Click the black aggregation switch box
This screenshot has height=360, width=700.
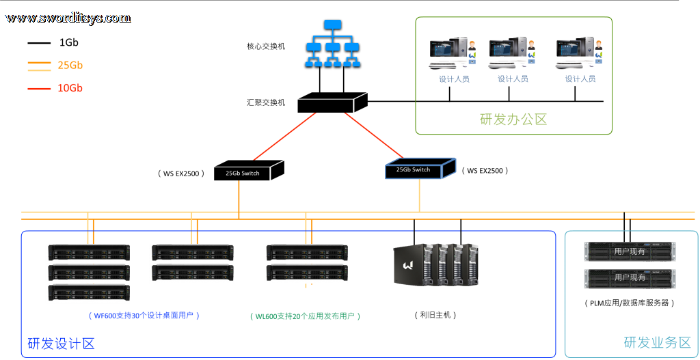point(332,102)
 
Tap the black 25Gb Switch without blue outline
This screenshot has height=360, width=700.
point(249,170)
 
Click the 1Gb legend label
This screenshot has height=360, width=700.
point(69,43)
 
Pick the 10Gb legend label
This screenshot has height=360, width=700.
point(70,88)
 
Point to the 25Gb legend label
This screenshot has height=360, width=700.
point(70,66)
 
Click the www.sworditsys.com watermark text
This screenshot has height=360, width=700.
point(68,18)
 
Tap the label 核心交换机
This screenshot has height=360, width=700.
point(266,46)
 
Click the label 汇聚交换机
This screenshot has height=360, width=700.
point(266,102)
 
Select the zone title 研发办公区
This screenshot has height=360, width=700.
point(513,120)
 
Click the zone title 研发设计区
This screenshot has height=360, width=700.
point(61,344)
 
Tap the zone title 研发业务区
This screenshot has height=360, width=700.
point(657,343)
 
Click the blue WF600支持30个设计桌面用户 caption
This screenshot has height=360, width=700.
point(144,316)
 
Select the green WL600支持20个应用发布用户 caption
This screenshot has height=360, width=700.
point(305,316)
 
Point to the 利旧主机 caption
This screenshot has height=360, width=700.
point(435,315)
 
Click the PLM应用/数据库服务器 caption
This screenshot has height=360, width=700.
point(629,303)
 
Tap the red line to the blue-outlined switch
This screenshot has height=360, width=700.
point(374,135)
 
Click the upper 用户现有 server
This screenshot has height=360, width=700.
point(630,251)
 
